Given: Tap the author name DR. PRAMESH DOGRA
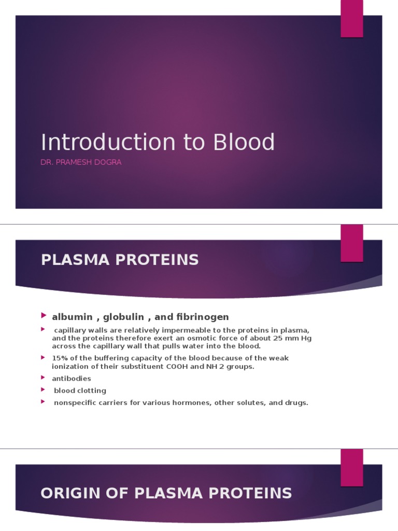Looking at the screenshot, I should pos(81,162).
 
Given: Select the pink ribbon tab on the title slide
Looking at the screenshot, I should pos(351,19).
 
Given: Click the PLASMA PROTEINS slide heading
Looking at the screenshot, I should pos(120,260).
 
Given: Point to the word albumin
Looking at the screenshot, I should pos(72,317).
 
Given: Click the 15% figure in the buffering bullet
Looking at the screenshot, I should pos(60,358).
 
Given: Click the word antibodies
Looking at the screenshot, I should pos(72,379).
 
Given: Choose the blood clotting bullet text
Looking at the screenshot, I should pos(80,390).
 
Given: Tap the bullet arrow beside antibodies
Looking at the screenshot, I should pos(44,378).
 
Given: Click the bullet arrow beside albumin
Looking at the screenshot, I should pos(44,316).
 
